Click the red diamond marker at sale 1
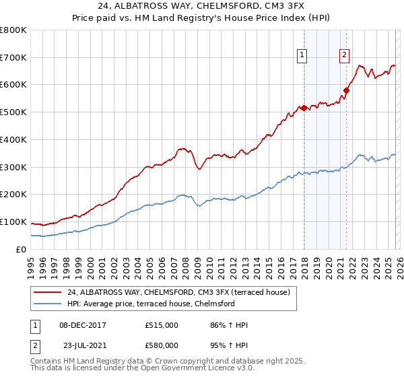tap(304, 107)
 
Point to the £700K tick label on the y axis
tap(13, 58)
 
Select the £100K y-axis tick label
tap(13, 222)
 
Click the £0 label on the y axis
tap(21, 250)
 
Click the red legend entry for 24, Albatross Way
tap(178, 292)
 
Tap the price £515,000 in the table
tap(161, 325)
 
